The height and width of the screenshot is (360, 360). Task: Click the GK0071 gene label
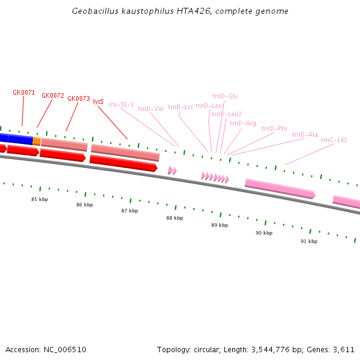(x=24, y=92)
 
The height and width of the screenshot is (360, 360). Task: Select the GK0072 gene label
(x=53, y=95)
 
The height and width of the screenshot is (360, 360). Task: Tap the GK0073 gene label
(x=79, y=98)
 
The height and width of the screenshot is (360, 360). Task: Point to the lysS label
(x=98, y=101)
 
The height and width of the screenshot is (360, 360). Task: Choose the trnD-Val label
(x=151, y=109)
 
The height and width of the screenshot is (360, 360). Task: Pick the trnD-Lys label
(x=180, y=107)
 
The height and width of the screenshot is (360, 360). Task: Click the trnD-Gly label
(x=225, y=96)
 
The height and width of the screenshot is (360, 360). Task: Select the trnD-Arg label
(x=242, y=123)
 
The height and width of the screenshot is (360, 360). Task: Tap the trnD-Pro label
(x=274, y=128)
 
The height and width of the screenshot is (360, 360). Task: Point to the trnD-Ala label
(x=305, y=134)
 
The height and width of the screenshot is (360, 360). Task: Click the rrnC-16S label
(x=334, y=140)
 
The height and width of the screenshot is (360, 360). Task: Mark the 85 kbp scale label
(x=40, y=199)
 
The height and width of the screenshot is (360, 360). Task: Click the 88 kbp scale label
(x=175, y=218)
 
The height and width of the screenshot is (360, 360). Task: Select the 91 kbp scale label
(x=309, y=241)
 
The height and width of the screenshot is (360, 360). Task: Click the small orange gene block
(x=37, y=141)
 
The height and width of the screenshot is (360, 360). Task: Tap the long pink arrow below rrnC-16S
(x=280, y=187)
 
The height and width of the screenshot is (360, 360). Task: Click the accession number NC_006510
(x=65, y=349)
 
